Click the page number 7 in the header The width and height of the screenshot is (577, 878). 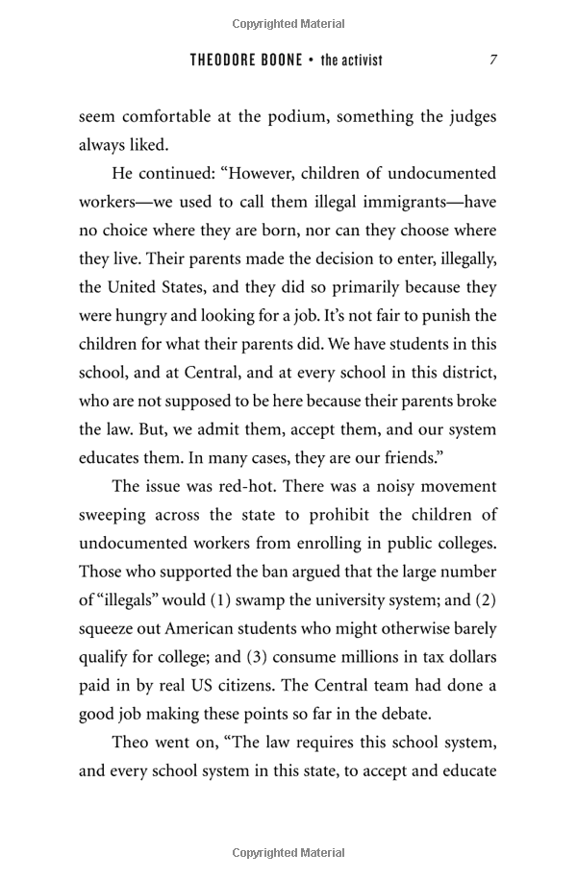(x=493, y=60)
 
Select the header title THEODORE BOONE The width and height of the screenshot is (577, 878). (x=245, y=60)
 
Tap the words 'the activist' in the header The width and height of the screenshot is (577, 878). (x=352, y=60)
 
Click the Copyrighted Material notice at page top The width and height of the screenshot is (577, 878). (x=288, y=23)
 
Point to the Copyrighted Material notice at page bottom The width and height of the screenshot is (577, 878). (x=288, y=852)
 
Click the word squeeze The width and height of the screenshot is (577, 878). (x=109, y=629)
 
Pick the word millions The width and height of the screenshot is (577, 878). (x=392, y=657)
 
